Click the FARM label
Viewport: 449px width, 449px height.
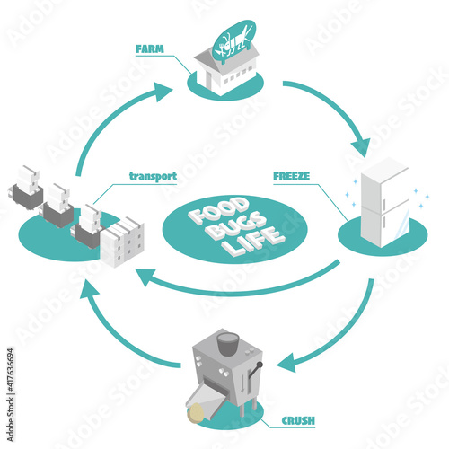(x=150, y=48)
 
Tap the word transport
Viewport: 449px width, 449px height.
(x=153, y=176)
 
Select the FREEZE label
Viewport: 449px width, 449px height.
(x=292, y=176)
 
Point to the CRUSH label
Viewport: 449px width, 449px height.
(x=298, y=420)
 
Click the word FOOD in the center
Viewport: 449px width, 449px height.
(x=219, y=210)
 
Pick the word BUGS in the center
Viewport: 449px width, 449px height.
(x=237, y=225)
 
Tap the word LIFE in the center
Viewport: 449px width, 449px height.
(x=253, y=242)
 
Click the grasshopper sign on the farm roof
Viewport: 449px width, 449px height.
(x=233, y=41)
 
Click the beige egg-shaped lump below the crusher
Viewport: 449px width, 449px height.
(x=196, y=413)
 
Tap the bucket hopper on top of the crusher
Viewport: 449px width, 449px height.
(x=228, y=344)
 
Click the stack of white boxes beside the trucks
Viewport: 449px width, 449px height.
(x=122, y=242)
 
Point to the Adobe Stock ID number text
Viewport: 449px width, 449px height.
(x=11, y=370)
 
